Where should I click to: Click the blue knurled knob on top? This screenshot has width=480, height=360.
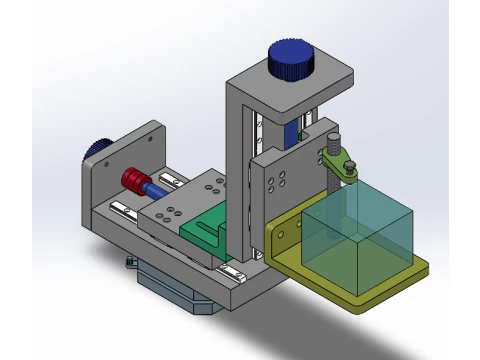(292, 60)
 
